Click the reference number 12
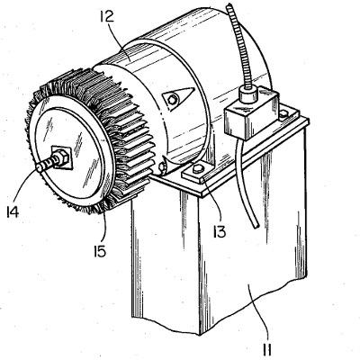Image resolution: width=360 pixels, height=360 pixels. click(x=107, y=16)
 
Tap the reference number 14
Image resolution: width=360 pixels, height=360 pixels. click(x=13, y=212)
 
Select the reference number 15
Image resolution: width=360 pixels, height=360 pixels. click(x=100, y=251)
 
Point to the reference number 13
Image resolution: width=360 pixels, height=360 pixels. click(x=220, y=232)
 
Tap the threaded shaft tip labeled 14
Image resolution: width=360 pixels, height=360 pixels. click(x=40, y=167)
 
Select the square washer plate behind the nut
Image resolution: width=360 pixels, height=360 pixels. click(x=62, y=157)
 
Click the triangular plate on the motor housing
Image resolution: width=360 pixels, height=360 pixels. click(x=178, y=96)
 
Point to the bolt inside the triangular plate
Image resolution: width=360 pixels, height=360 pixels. click(x=172, y=100)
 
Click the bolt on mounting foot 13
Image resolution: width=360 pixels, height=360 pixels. click(x=197, y=169)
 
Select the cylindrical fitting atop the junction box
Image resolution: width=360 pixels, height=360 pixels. click(x=249, y=93)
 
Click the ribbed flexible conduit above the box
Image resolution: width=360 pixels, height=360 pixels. click(x=238, y=46)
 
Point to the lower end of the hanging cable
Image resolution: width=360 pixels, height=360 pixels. click(x=256, y=228)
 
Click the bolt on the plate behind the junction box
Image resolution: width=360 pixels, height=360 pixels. click(x=283, y=113)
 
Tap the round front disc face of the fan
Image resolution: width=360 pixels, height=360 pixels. click(x=71, y=152)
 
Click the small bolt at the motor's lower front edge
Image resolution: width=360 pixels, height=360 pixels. click(x=163, y=166)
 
